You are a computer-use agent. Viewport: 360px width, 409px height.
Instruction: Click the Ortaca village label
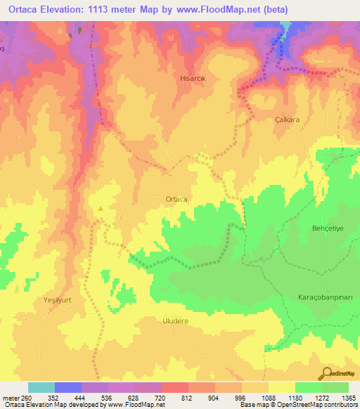(176, 199)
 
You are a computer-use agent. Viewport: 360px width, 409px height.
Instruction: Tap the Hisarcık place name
(193, 79)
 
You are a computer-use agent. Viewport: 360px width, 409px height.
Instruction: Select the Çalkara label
(287, 120)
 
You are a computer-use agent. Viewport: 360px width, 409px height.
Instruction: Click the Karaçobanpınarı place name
(319, 297)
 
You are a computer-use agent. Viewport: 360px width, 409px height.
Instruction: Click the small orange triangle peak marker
(101, 208)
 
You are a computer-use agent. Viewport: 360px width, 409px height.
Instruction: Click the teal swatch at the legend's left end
(41, 387)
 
